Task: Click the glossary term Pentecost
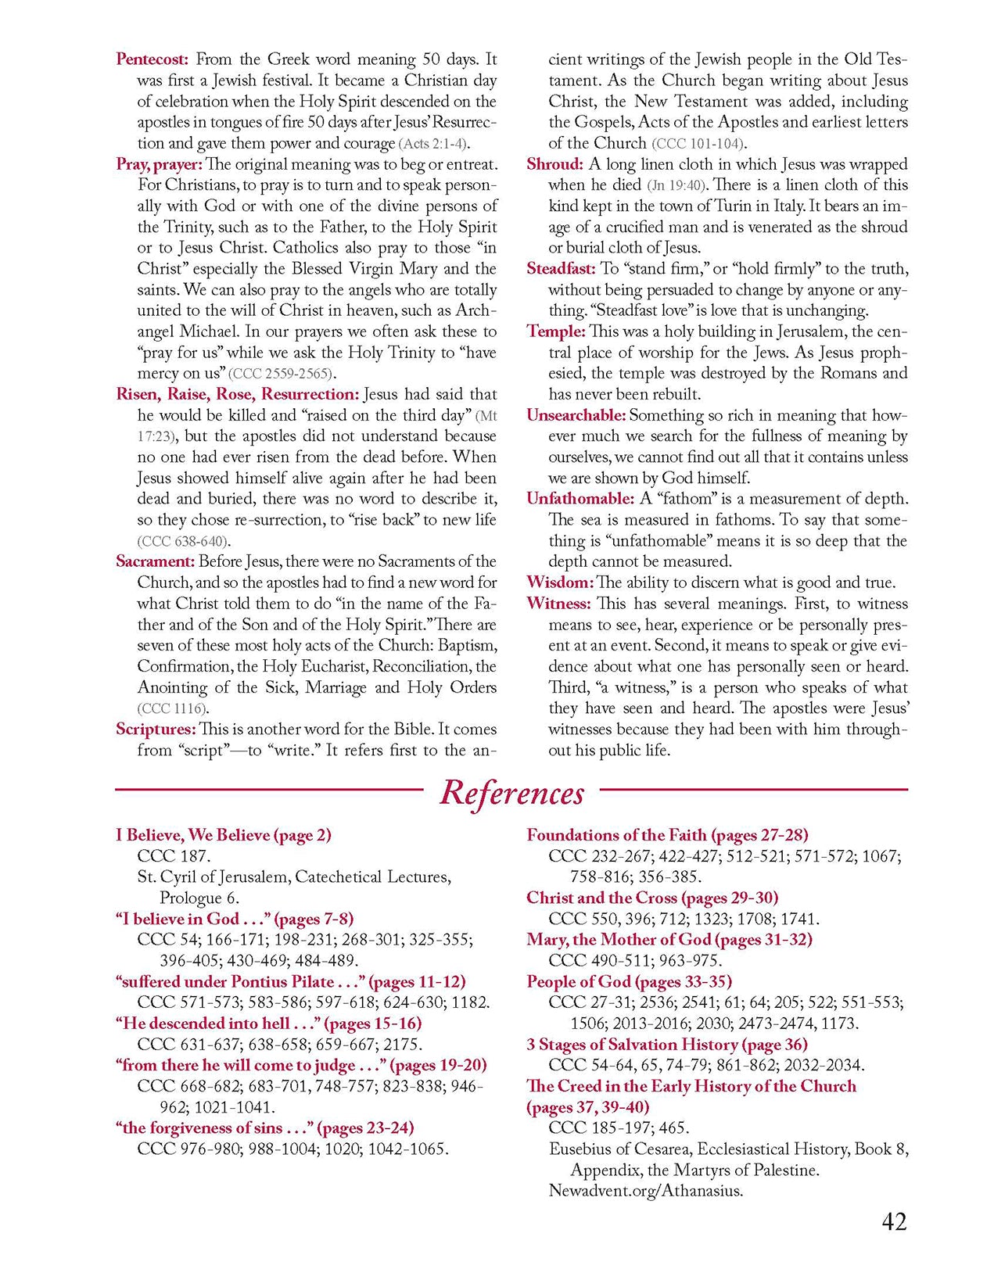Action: pyautogui.click(x=152, y=59)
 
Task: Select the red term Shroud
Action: pyautogui.click(x=554, y=164)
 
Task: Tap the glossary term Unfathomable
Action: pyautogui.click(x=580, y=499)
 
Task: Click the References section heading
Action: pyautogui.click(x=511, y=793)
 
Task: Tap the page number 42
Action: pyautogui.click(x=894, y=1221)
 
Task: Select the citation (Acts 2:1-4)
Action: pyautogui.click(x=435, y=144)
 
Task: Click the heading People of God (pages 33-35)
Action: pyautogui.click(x=629, y=981)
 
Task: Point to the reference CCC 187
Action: pyautogui.click(x=174, y=856)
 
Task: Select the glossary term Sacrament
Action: pyautogui.click(x=155, y=561)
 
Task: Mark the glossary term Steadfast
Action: pyautogui.click(x=561, y=269)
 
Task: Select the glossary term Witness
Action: pyautogui.click(x=558, y=604)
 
